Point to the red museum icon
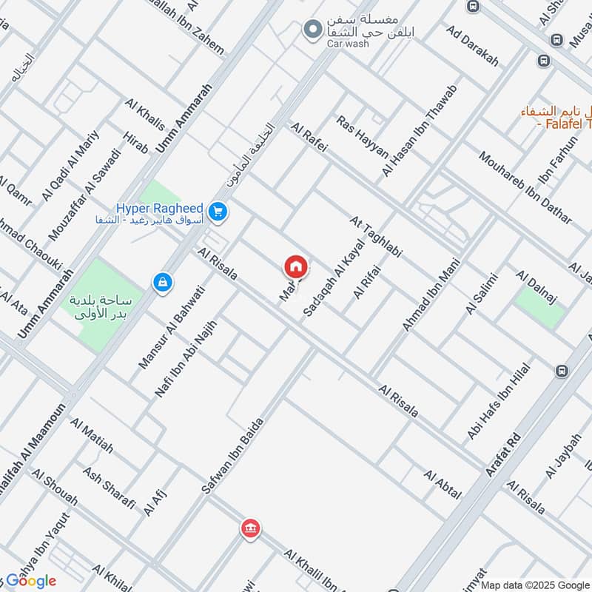pyautogui.click(x=249, y=528)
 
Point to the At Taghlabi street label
pyautogui.click(x=375, y=237)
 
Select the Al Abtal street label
pyautogui.click(x=443, y=484)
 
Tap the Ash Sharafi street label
pyautogui.click(x=110, y=488)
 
